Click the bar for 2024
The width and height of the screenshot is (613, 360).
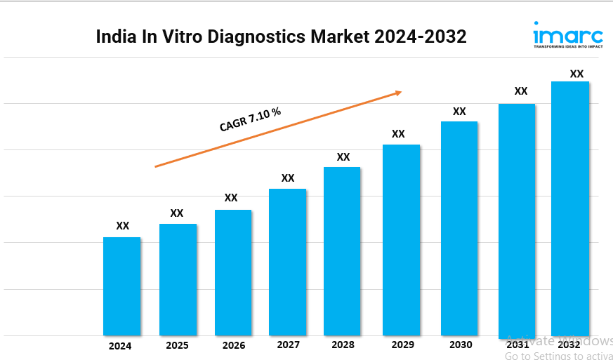pos(121,286)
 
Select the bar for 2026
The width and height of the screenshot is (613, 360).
pos(233,272)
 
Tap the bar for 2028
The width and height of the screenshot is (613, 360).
pos(342,251)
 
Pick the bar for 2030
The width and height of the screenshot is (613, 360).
pos(459,228)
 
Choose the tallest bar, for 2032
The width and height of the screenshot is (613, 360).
pos(569,208)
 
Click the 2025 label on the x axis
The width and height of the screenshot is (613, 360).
pos(177,345)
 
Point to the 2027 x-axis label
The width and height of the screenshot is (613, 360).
pos(288,345)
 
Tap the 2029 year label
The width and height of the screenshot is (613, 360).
pos(402,345)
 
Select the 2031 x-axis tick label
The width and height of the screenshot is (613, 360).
pos(518,345)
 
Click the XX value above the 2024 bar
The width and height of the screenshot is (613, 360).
pos(122,226)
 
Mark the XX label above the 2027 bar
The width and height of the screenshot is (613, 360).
pos(288,178)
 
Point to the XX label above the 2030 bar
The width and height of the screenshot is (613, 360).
pos(459,112)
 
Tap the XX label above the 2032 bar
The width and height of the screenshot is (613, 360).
pos(576,74)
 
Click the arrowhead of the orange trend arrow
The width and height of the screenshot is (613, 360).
pos(398,92)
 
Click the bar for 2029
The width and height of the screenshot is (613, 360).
pos(401,240)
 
